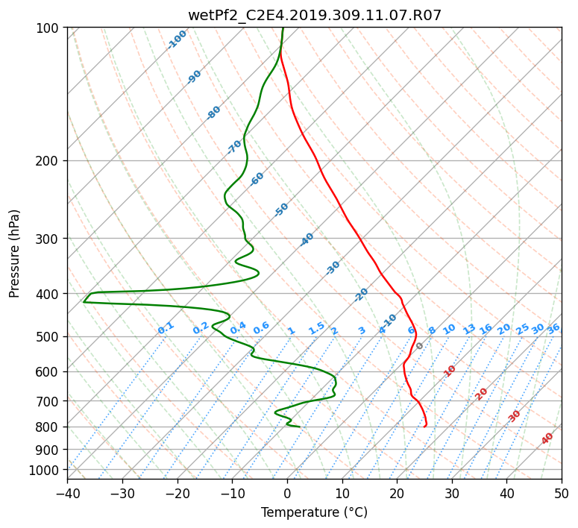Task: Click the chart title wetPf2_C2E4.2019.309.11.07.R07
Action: (x=315, y=15)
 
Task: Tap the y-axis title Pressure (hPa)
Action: (x=14, y=254)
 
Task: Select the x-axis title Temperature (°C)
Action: (x=315, y=512)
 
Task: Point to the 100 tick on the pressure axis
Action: (x=50, y=28)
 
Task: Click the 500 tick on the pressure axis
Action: (x=50, y=336)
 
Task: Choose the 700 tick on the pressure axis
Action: (x=50, y=400)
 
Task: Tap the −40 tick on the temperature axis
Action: (x=67, y=493)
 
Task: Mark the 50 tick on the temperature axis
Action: (x=562, y=493)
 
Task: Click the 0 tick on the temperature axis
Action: (x=287, y=493)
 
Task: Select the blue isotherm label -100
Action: (x=177, y=40)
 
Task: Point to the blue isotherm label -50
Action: (x=281, y=210)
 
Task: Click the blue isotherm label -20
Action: (x=361, y=295)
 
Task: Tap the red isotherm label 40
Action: (x=547, y=439)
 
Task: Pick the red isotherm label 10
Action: (x=450, y=371)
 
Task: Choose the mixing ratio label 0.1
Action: (x=166, y=328)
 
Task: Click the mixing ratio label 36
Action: (x=553, y=329)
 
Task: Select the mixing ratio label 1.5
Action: (x=317, y=328)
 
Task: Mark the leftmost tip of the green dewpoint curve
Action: (x=84, y=302)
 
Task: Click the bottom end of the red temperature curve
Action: (x=424, y=427)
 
